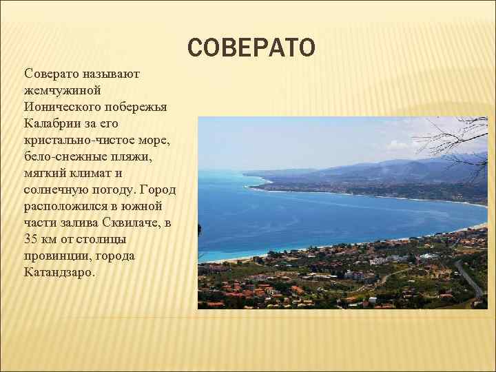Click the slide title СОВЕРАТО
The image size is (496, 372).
click(251, 48)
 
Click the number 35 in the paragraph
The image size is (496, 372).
click(31, 240)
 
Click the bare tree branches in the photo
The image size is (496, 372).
click(455, 134)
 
